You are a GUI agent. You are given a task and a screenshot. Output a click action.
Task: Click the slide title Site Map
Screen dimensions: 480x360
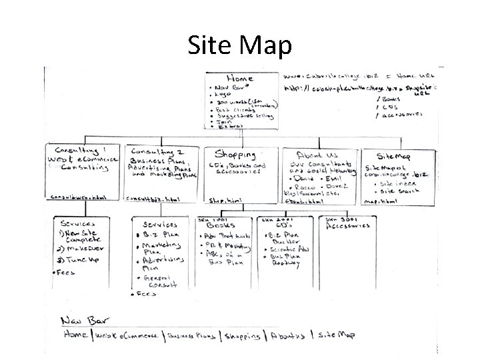239,46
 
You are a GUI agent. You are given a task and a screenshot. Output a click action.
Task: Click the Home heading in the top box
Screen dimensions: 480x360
241,77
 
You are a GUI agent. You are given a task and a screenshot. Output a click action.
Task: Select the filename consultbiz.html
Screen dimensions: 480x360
154,199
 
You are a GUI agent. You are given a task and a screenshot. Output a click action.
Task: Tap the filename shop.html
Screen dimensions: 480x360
225,201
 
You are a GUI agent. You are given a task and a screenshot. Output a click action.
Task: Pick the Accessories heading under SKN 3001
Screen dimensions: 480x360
347,225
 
